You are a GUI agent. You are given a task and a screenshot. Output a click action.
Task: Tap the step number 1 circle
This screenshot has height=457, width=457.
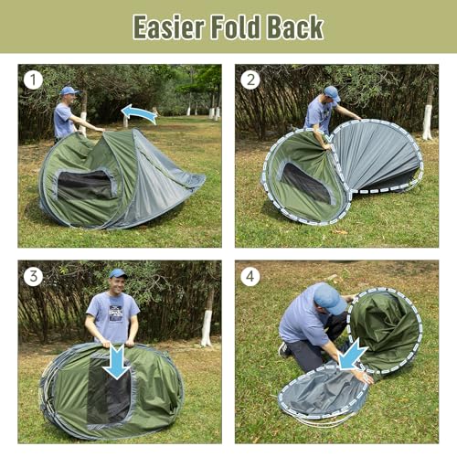33,80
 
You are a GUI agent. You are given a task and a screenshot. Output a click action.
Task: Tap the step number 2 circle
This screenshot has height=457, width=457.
250,80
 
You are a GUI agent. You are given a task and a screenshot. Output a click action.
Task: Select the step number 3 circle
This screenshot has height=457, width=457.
33,276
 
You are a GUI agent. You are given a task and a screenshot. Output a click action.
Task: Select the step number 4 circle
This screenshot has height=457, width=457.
250,276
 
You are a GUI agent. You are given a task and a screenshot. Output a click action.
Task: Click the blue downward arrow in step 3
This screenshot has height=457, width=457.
115,360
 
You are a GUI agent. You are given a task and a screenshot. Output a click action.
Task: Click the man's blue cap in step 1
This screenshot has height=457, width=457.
68,90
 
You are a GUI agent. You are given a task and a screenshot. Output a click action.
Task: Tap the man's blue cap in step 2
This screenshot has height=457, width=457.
331,92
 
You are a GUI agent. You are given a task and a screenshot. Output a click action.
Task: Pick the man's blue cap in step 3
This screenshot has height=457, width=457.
117,273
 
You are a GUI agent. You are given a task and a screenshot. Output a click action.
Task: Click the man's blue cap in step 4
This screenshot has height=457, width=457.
329,298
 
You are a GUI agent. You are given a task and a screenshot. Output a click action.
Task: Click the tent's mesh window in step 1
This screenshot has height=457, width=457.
85,185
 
